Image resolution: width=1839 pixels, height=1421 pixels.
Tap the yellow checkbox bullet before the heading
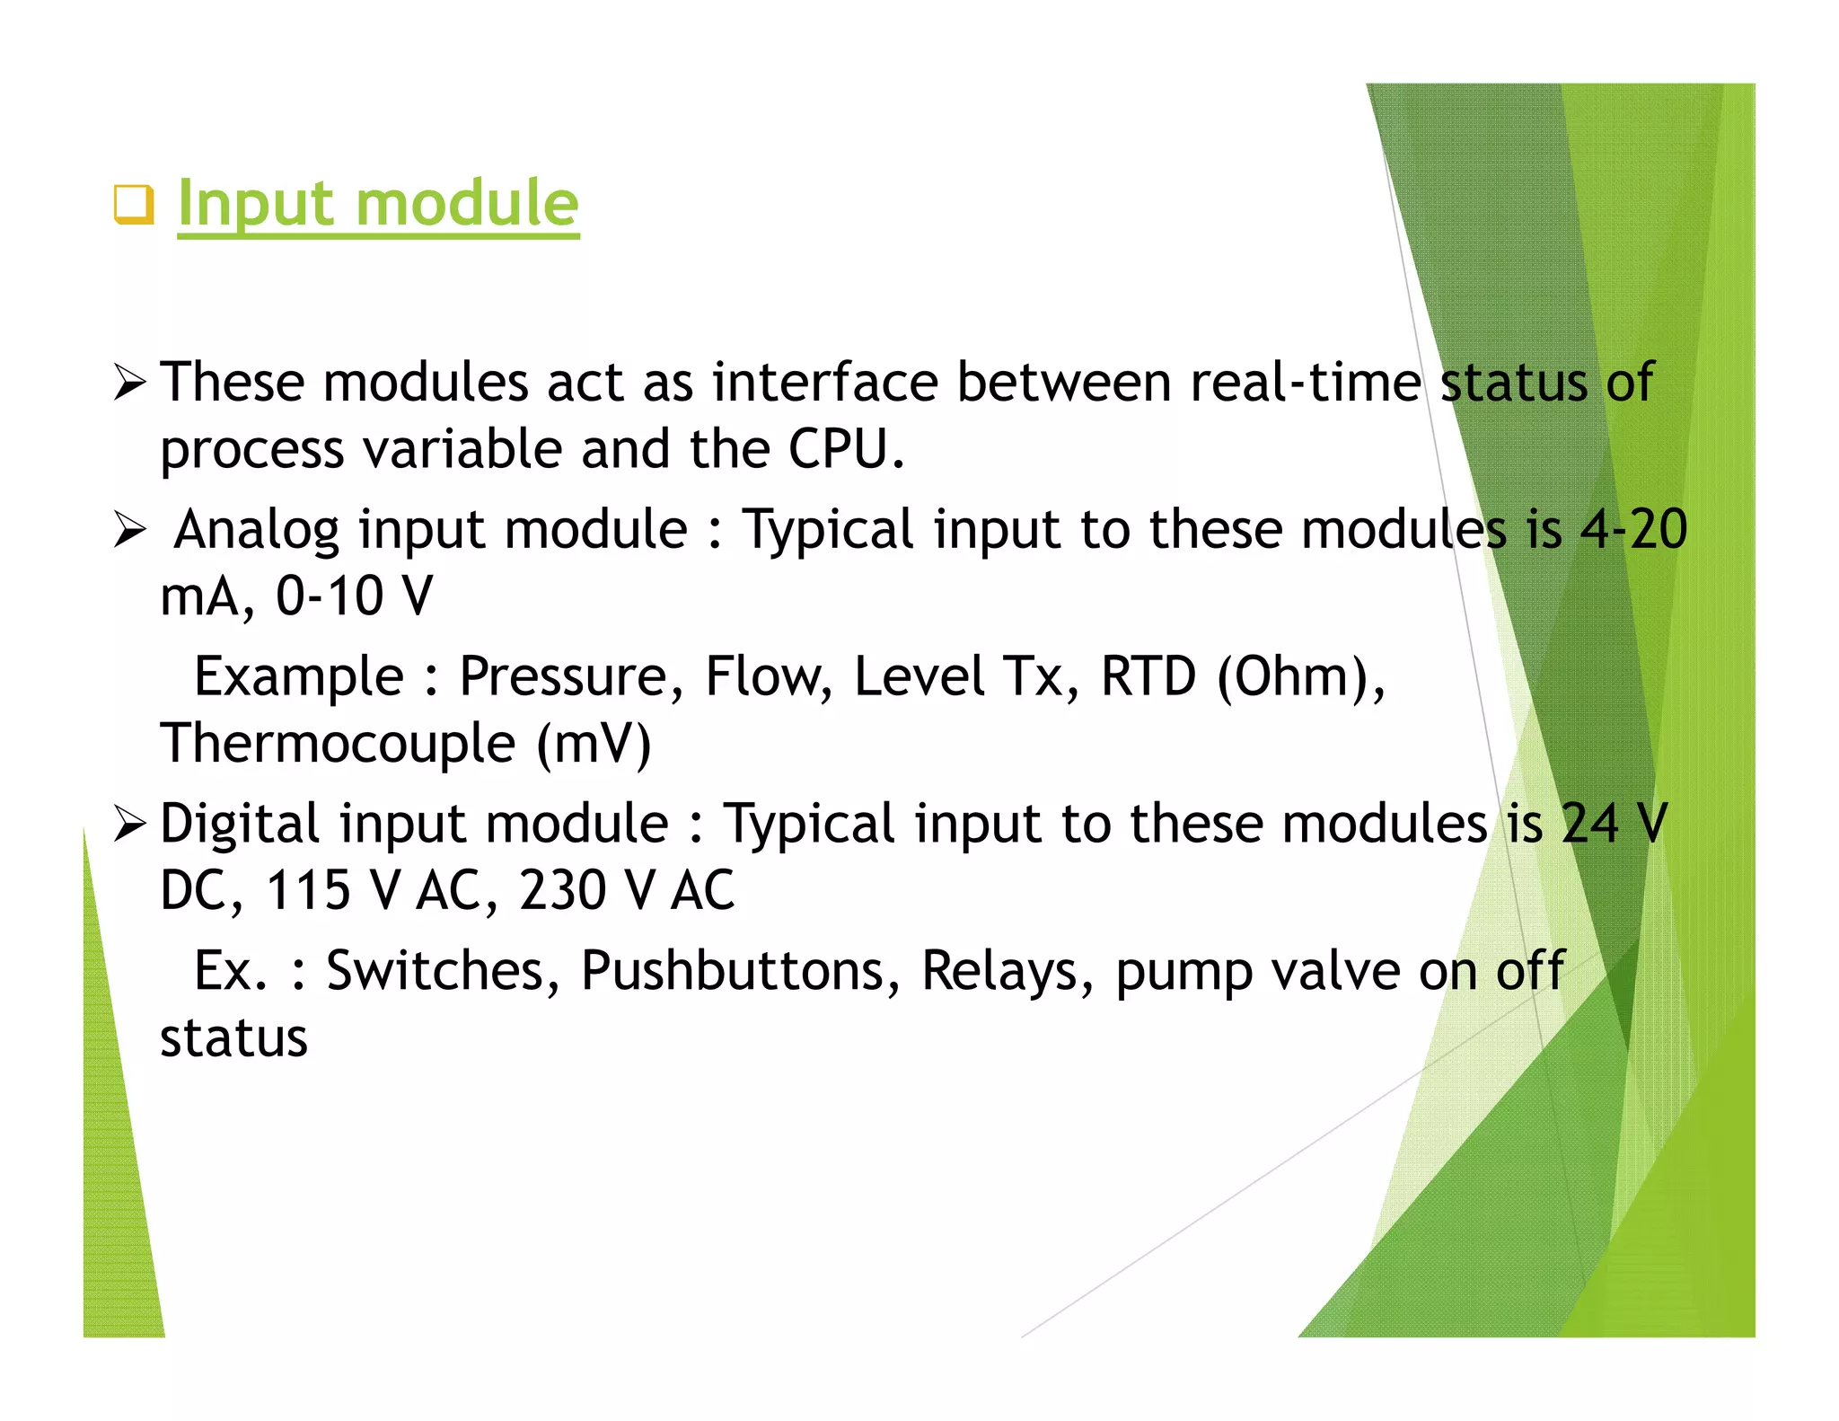click(134, 204)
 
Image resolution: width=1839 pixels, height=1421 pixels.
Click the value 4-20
click(1633, 529)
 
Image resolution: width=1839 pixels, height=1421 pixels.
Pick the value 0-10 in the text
click(330, 596)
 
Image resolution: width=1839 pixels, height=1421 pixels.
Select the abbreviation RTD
click(1148, 676)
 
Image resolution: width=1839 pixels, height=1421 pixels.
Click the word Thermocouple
click(338, 744)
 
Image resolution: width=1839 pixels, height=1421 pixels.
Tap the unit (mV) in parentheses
click(594, 744)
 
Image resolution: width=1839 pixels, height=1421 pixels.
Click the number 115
click(308, 890)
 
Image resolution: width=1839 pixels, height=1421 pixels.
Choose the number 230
click(563, 890)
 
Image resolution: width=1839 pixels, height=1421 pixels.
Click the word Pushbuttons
click(731, 971)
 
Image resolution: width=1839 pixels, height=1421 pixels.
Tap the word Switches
click(435, 971)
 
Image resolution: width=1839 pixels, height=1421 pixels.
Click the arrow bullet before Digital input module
click(129, 824)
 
